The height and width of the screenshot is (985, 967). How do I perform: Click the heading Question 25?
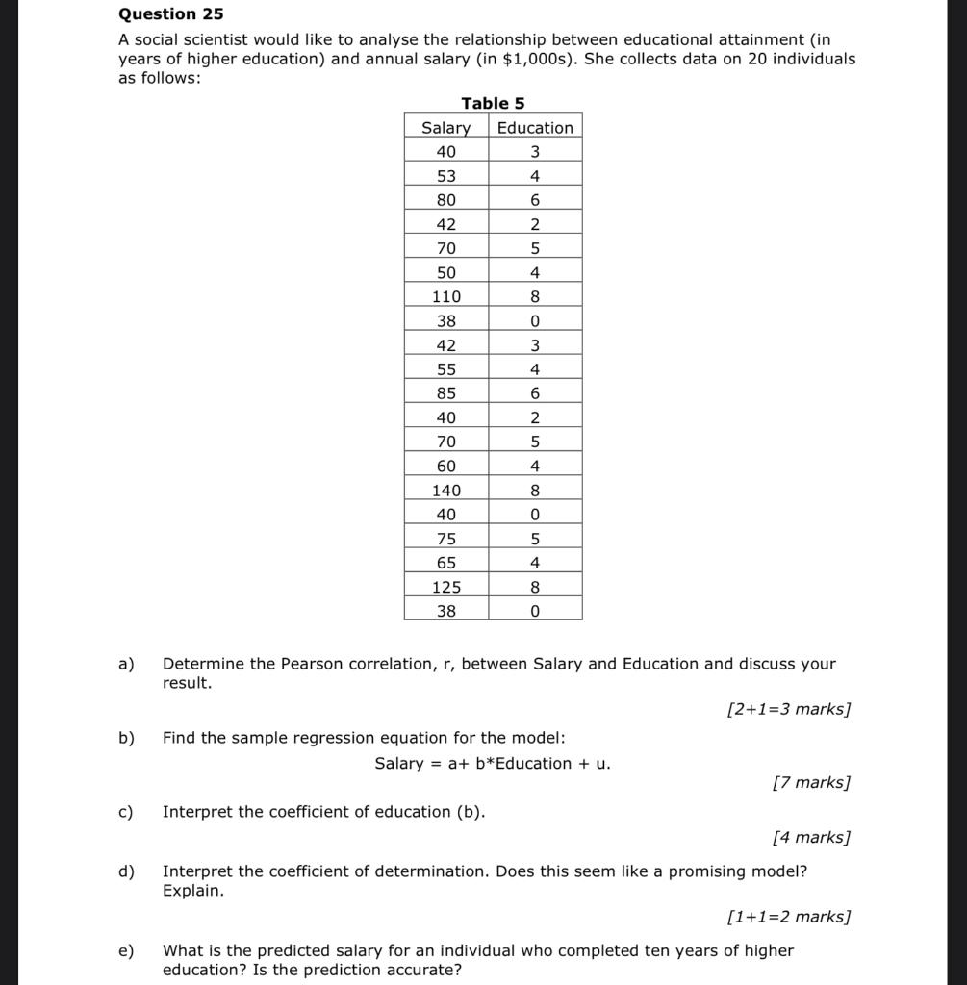[170, 14]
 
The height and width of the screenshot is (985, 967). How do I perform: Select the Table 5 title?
[493, 103]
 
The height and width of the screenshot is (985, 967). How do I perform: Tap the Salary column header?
[446, 128]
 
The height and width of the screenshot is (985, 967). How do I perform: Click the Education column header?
[535, 128]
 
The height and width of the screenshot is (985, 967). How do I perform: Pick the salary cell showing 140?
[446, 491]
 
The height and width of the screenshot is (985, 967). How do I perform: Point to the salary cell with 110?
[446, 297]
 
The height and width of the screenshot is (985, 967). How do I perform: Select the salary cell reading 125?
[446, 587]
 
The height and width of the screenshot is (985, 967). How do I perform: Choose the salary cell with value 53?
[446, 176]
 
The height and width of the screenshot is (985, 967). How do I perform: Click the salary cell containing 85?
[446, 393]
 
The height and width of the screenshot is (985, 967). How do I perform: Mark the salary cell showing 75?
[446, 539]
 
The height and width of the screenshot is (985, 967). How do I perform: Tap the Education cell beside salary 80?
[535, 200]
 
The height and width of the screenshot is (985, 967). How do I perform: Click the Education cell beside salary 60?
[535, 467]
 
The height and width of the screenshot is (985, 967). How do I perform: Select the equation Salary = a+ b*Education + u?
[493, 764]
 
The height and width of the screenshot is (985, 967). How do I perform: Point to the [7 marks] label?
[811, 783]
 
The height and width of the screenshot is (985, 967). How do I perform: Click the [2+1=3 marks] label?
[789, 710]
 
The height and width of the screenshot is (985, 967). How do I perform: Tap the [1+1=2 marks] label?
[789, 917]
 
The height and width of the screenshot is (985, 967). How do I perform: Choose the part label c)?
[125, 812]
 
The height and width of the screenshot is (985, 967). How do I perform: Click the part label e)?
[125, 950]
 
